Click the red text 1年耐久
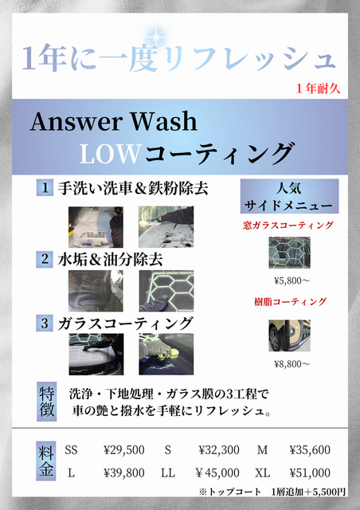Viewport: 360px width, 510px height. tap(318, 88)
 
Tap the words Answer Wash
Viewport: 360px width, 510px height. tap(114, 121)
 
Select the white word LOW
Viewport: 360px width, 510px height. tap(110, 154)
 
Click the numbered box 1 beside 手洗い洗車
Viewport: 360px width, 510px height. tap(45, 188)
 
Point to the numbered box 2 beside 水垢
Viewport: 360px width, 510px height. tap(45, 259)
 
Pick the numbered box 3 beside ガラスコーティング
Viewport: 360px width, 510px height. tap(45, 324)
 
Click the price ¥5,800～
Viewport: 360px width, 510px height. tap(292, 280)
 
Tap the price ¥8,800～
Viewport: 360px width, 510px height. tap(292, 364)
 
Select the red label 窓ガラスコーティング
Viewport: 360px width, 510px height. tap(288, 225)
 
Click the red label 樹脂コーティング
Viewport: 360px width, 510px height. tap(290, 302)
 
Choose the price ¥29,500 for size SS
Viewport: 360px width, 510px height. tap(124, 449)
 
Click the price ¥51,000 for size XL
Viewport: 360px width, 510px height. tap(310, 473)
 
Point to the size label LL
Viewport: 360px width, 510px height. tap(168, 473)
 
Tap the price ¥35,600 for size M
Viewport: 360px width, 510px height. tap(310, 449)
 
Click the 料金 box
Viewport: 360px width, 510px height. tap(46, 461)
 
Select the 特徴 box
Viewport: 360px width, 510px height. tap(46, 402)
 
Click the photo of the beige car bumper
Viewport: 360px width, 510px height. tap(289, 335)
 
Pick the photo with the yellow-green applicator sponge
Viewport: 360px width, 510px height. tap(166, 354)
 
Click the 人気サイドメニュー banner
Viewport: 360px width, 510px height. tap(289, 196)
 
